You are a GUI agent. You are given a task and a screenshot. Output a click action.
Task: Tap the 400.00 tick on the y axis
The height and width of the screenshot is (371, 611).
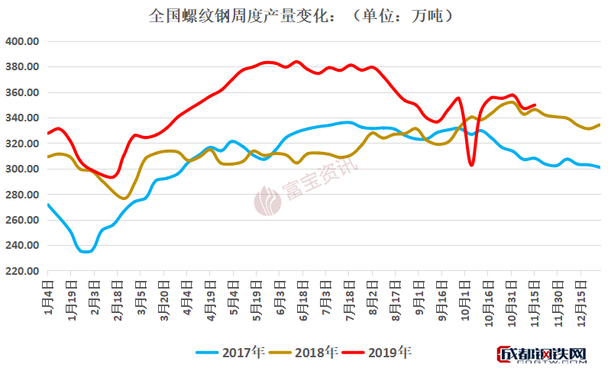[22, 41]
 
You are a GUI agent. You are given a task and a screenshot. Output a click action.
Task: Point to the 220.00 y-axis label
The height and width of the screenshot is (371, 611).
[22, 271]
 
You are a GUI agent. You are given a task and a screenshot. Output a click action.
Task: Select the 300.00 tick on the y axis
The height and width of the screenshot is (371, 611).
[22, 169]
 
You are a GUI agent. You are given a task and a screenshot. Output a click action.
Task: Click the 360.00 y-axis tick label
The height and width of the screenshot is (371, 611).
[22, 92]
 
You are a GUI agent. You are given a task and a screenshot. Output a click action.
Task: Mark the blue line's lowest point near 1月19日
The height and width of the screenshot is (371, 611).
[85, 251]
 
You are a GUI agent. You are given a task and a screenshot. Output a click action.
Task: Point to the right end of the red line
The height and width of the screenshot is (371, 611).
[535, 105]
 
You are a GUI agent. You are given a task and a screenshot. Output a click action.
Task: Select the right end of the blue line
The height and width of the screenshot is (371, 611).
[600, 167]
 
